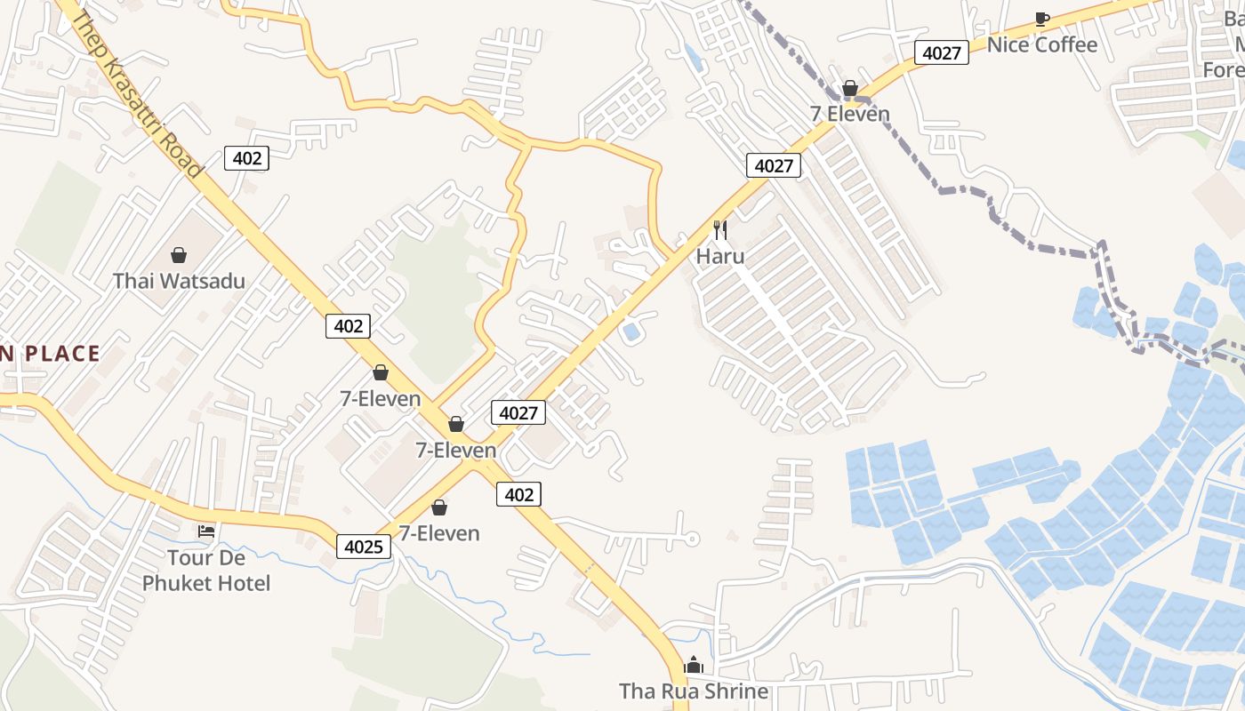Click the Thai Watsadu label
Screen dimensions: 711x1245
(x=179, y=281)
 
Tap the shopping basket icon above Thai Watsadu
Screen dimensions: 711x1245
(x=179, y=256)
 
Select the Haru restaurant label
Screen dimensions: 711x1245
(x=720, y=256)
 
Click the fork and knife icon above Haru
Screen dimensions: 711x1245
(x=720, y=230)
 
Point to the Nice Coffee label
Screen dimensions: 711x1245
(x=1042, y=44)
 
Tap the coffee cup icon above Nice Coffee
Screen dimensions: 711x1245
(x=1042, y=19)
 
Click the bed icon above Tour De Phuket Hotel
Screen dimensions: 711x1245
(x=206, y=531)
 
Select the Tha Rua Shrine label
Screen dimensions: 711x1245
(x=694, y=691)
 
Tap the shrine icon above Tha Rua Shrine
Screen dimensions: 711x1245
(x=694, y=665)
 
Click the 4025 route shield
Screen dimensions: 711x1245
(x=365, y=546)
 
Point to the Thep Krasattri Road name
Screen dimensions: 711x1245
(x=139, y=94)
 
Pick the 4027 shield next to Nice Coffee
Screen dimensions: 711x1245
(x=942, y=52)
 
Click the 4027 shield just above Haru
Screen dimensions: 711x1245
(x=774, y=165)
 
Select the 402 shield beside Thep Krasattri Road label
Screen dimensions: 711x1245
(x=246, y=158)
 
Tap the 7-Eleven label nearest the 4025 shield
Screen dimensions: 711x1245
(x=439, y=533)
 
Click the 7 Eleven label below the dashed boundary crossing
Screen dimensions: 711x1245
(x=849, y=114)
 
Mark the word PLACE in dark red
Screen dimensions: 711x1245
(x=62, y=354)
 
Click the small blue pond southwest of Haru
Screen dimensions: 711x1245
(x=631, y=332)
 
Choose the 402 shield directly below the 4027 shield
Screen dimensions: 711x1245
(x=518, y=494)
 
